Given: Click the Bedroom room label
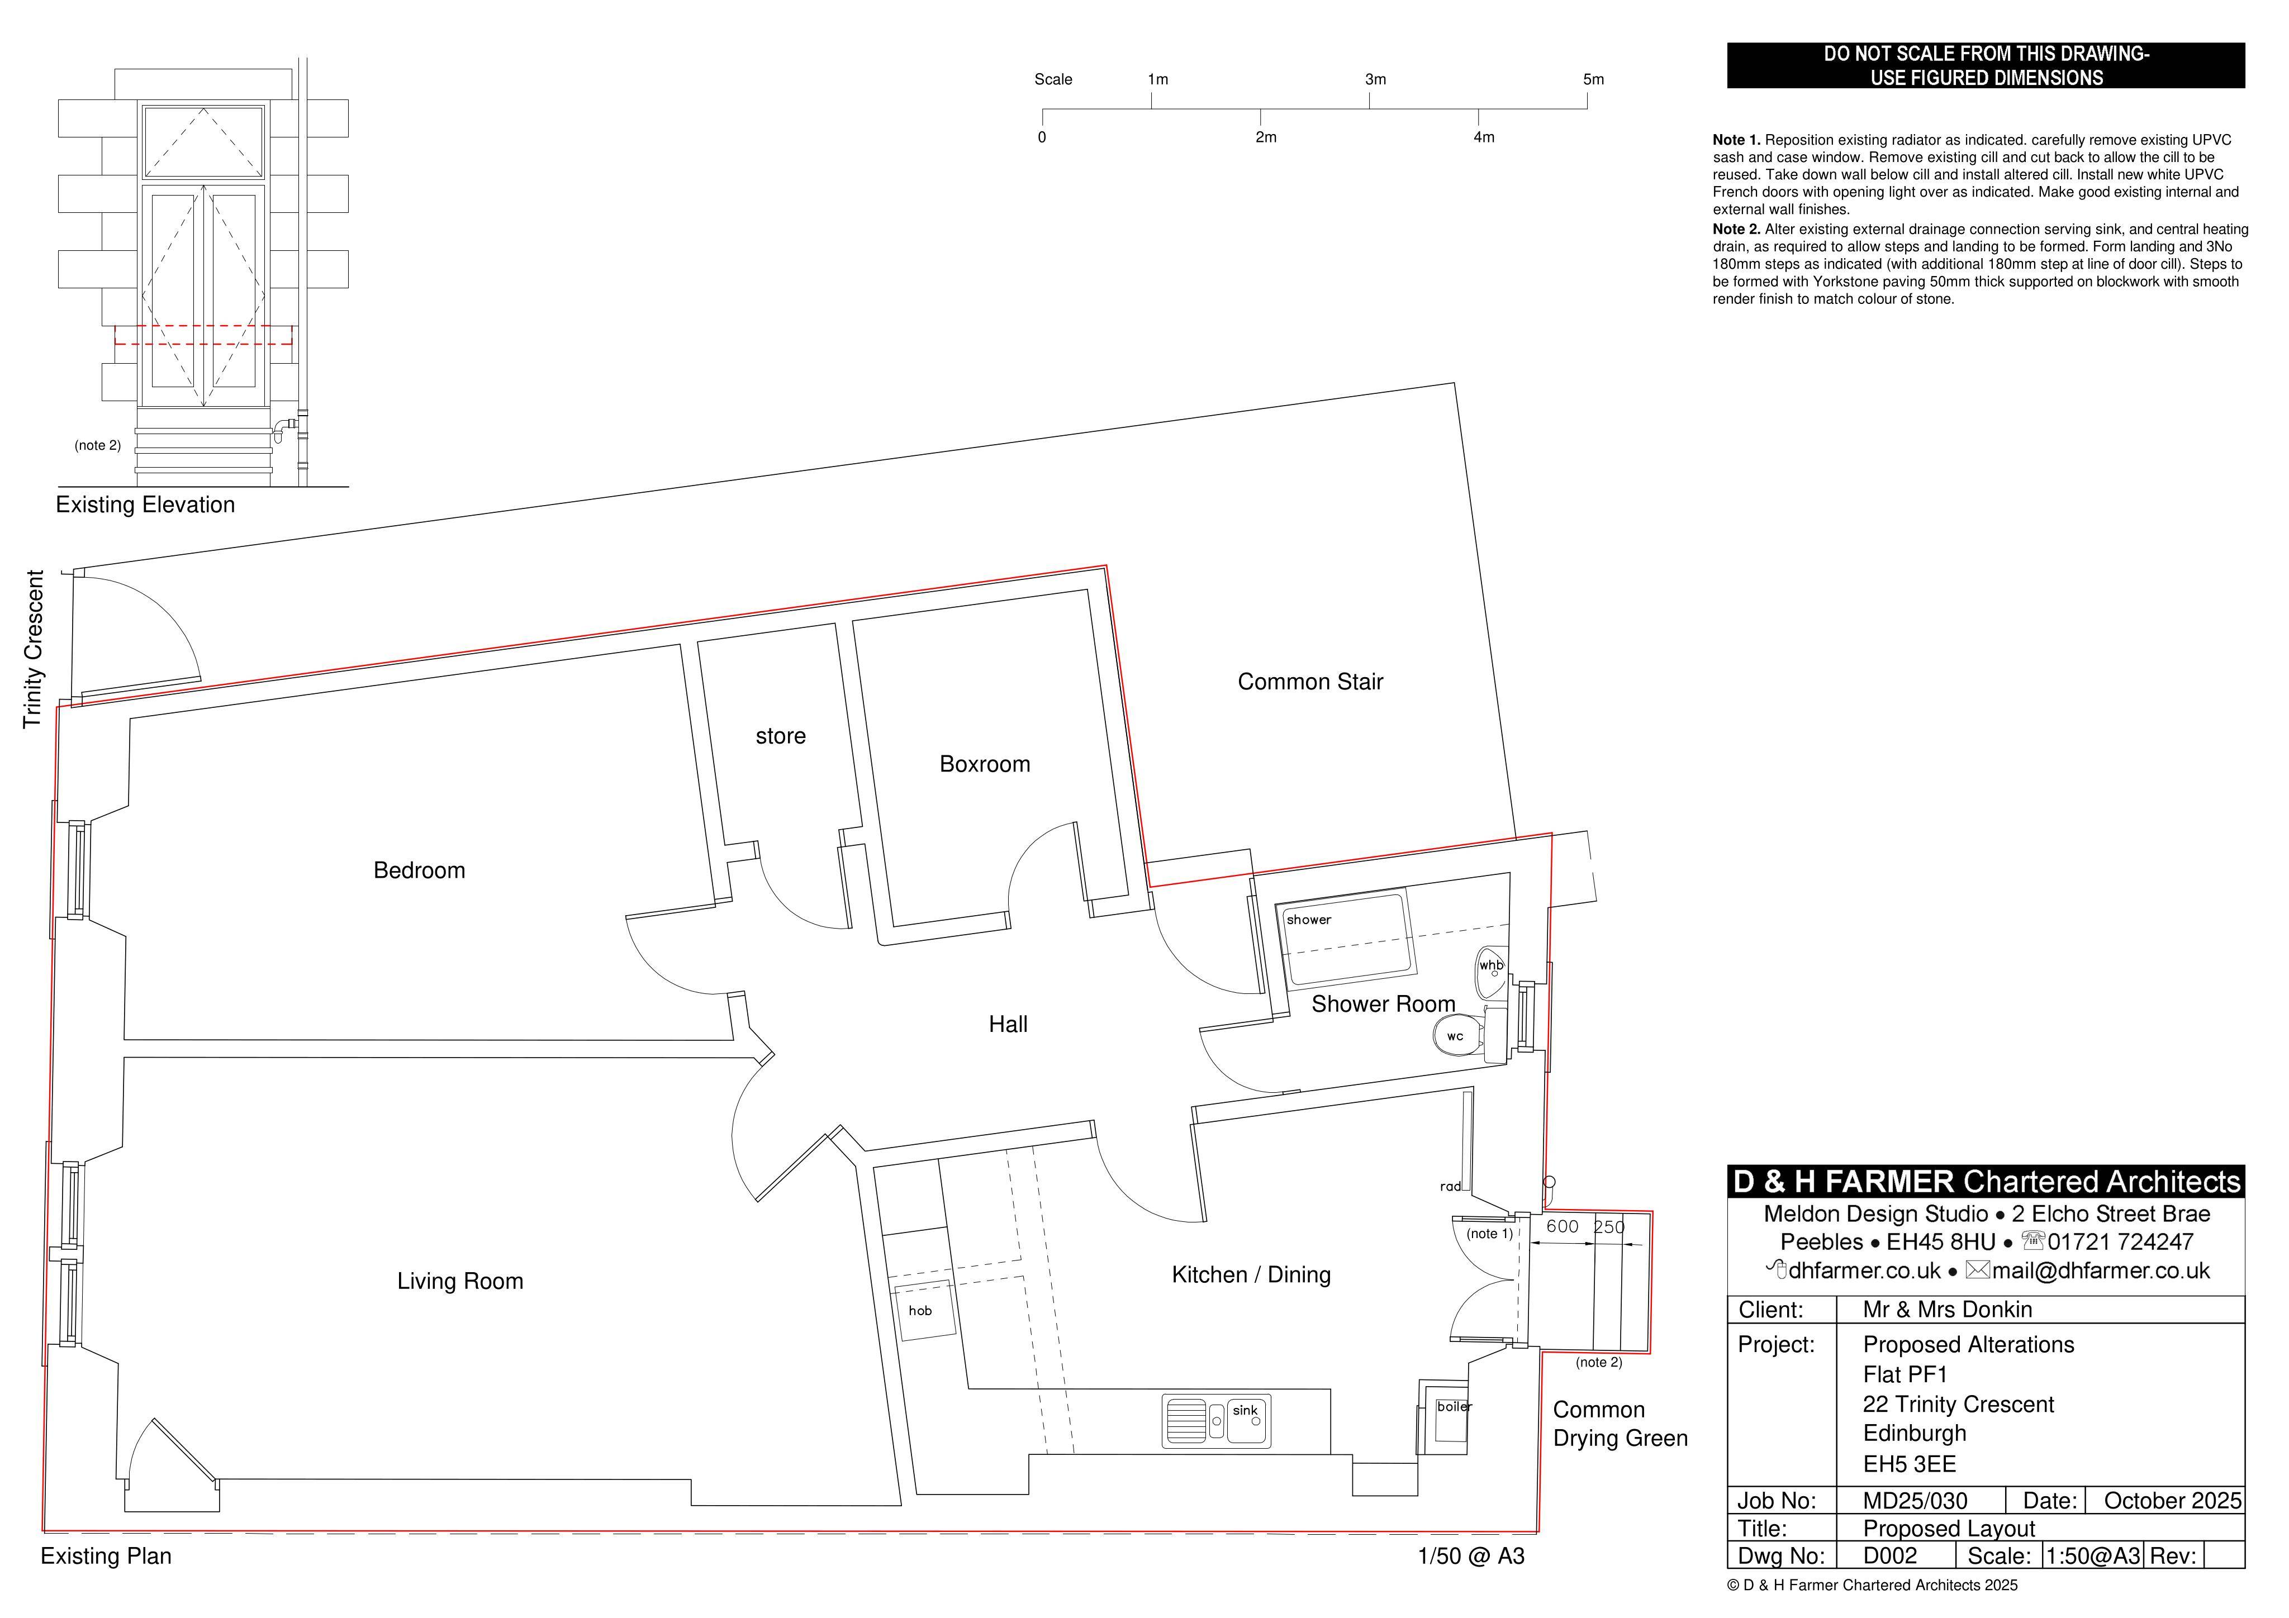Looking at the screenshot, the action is (x=419, y=870).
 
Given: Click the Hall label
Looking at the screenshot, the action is (x=1008, y=1024).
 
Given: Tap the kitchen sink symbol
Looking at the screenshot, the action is (x=1216, y=1421).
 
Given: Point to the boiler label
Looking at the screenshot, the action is (x=1454, y=1407).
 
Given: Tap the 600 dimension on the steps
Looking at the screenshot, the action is (x=1561, y=1226).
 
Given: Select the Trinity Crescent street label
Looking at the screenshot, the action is (x=34, y=649).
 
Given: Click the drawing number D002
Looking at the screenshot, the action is (x=1890, y=1556).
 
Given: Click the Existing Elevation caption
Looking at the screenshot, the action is (x=145, y=505).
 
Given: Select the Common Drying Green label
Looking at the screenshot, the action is (x=1620, y=1424).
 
